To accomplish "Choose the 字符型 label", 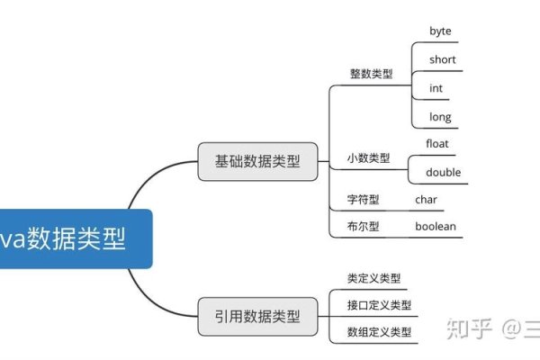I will click(364, 199).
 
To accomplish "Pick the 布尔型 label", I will click(364, 227).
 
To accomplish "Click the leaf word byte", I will click(440, 31).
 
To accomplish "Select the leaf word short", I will click(443, 60).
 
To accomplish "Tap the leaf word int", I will click(436, 88).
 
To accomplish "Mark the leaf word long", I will click(440, 117).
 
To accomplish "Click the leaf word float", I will click(437, 143).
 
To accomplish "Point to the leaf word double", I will click(443, 172).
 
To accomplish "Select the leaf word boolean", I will click(436, 227).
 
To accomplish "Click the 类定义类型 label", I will click(373, 278).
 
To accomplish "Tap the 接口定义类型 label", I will click(379, 305).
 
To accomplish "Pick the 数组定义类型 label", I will click(379, 332).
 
